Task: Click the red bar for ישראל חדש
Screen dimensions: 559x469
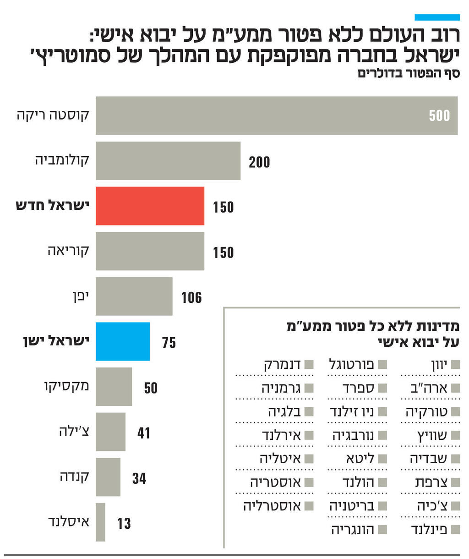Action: click(x=150, y=206)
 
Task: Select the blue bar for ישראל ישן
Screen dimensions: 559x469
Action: click(x=123, y=341)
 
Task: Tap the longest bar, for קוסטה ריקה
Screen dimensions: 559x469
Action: click(x=276, y=115)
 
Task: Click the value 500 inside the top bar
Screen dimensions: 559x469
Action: click(x=439, y=115)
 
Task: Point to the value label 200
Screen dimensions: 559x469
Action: click(x=259, y=162)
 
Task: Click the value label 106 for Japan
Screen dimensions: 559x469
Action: click(x=191, y=298)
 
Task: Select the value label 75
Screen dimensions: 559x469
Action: click(x=169, y=343)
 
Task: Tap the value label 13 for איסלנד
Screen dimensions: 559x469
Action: click(x=124, y=523)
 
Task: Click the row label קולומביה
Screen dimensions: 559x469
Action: click(x=62, y=160)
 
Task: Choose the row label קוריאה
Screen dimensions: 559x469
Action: click(x=68, y=251)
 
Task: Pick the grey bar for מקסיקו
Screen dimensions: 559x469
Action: click(x=114, y=386)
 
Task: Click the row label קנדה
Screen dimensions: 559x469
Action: click(x=74, y=477)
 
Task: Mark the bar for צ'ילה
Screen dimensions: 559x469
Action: click(x=110, y=432)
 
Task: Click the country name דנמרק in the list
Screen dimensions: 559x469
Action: click(x=282, y=365)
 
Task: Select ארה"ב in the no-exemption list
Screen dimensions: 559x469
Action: click(x=429, y=388)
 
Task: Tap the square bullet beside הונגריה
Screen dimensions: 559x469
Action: click(x=382, y=530)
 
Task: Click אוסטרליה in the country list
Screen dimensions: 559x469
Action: click(x=272, y=506)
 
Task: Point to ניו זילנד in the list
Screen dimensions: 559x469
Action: click(x=352, y=411)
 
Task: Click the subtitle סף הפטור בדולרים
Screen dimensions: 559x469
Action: click(x=409, y=73)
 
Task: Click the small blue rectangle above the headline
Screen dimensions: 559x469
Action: click(x=437, y=17)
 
